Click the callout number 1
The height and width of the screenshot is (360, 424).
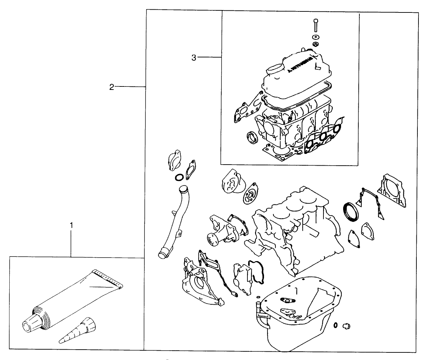click(x=72, y=225)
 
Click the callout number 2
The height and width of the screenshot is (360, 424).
click(x=111, y=87)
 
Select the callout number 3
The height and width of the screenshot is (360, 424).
click(x=194, y=58)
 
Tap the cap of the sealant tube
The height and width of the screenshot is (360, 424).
click(x=33, y=321)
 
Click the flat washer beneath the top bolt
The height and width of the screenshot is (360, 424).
click(x=315, y=37)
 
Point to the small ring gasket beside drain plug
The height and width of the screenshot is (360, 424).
click(x=336, y=325)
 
